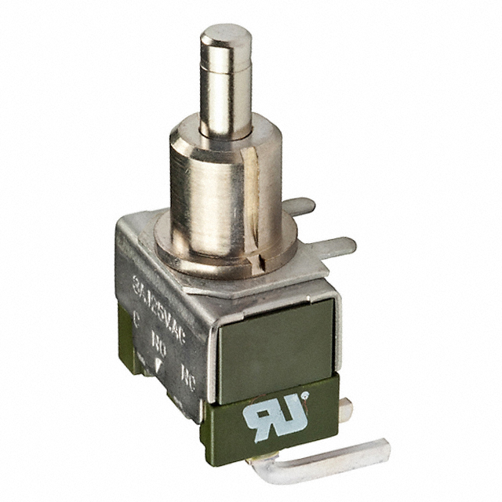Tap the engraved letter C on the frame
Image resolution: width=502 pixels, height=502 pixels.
[x=138, y=319]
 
